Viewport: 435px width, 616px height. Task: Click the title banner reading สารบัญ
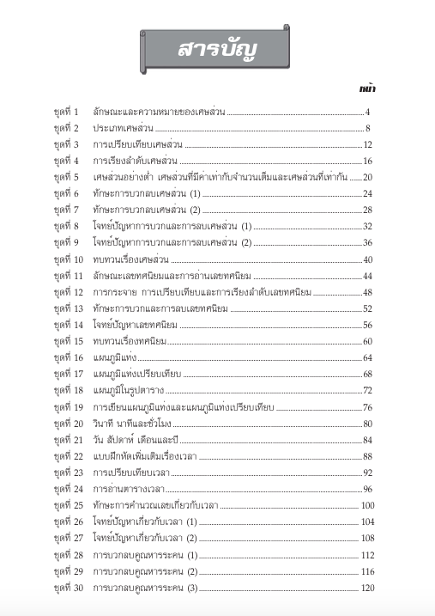(x=216, y=49)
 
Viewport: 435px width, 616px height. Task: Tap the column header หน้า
(x=370, y=88)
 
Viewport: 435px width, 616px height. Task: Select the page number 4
(x=366, y=112)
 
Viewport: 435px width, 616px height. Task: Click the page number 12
(x=366, y=144)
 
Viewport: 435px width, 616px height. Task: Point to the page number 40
(x=366, y=259)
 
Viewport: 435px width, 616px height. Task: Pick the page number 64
(x=366, y=357)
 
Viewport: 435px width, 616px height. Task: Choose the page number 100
(x=368, y=505)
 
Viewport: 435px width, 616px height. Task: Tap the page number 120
(x=368, y=588)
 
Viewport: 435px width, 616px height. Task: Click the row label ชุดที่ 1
(x=66, y=112)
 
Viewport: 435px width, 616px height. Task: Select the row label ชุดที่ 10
(x=68, y=259)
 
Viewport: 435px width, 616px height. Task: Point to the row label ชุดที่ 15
(x=68, y=341)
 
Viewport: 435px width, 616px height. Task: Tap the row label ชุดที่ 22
(x=68, y=456)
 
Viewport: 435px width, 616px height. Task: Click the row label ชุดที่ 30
(x=68, y=588)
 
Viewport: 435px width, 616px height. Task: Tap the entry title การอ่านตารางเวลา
(x=129, y=489)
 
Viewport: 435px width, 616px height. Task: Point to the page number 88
(x=366, y=456)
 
